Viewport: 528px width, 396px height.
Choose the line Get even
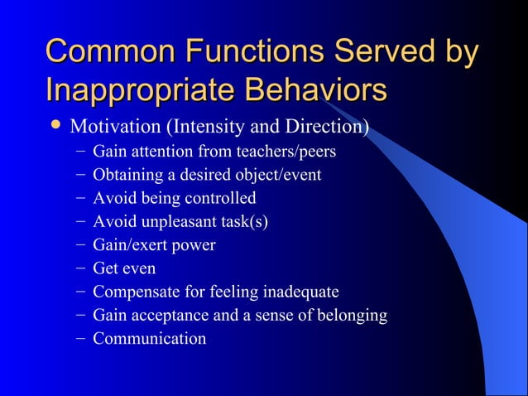point(124,268)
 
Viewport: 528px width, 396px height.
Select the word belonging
point(351,315)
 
